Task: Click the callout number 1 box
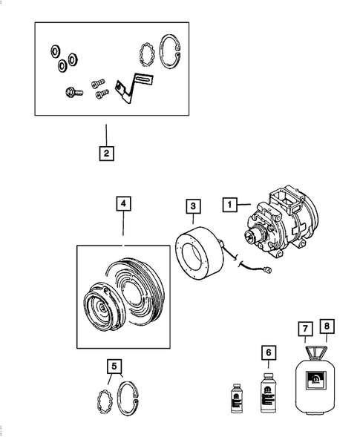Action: click(x=231, y=203)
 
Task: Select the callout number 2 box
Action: click(x=107, y=154)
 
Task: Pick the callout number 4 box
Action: click(x=123, y=203)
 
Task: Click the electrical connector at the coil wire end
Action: click(x=275, y=271)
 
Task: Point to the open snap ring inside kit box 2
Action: click(x=171, y=54)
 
